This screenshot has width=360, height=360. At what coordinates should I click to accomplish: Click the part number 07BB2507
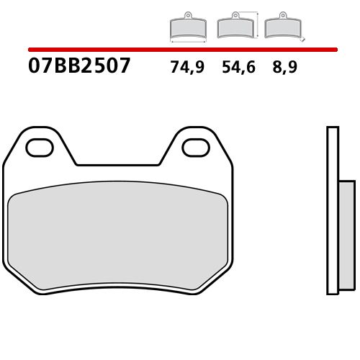pyautogui.click(x=80, y=67)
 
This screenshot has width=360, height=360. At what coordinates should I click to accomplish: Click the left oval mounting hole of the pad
pyautogui.click(x=40, y=148)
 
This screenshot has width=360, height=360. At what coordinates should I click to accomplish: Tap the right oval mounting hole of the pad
pyautogui.click(x=194, y=148)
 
